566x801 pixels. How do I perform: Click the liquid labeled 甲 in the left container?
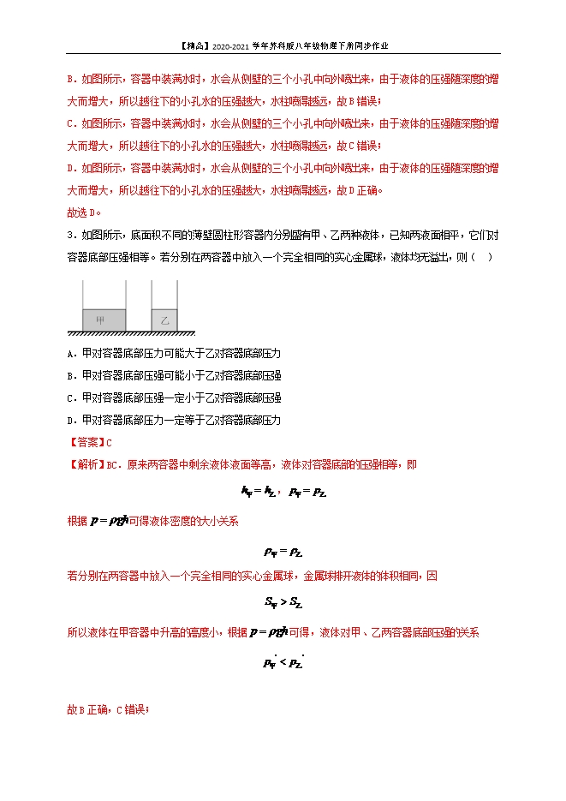[x=103, y=320]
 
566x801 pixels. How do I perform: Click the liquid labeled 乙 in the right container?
[x=164, y=320]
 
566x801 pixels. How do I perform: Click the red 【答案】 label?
[x=86, y=442]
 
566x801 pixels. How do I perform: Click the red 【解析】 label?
[x=86, y=464]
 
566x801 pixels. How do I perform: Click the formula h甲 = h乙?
[x=258, y=492]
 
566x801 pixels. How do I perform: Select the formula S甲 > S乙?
[x=283, y=603]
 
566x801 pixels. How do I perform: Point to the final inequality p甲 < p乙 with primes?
[x=283, y=661]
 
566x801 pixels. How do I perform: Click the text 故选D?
[x=84, y=212]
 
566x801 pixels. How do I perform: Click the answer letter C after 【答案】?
[x=109, y=442]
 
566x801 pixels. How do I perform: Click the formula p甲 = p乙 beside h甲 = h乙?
[x=308, y=492]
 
